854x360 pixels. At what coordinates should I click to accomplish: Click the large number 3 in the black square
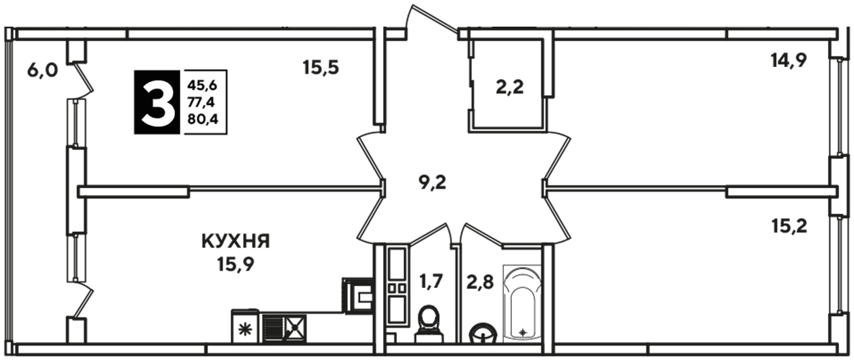(x=157, y=102)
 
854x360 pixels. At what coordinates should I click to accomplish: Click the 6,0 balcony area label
(x=42, y=70)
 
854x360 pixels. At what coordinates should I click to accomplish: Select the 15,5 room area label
(x=321, y=68)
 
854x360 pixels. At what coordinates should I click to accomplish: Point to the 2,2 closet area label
(x=509, y=86)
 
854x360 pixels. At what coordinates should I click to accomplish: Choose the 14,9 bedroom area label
(x=788, y=60)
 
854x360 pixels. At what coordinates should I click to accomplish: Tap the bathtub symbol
(x=522, y=303)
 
